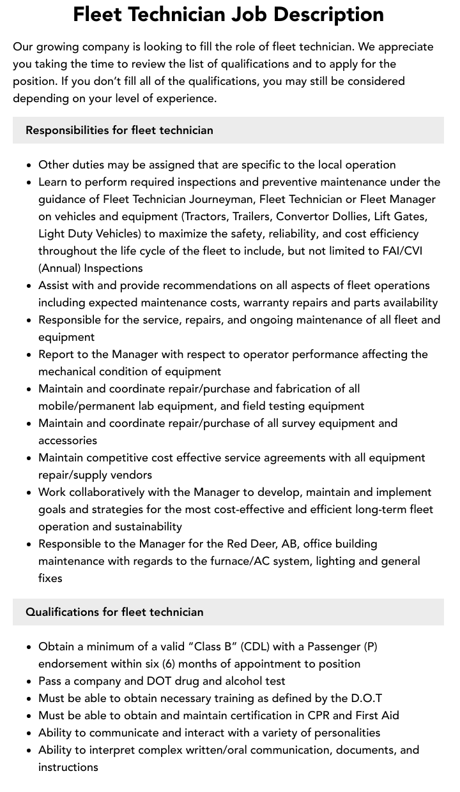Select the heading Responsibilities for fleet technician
click(x=119, y=130)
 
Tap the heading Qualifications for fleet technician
click(x=114, y=612)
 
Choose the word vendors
click(x=131, y=475)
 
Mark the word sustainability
click(x=142, y=527)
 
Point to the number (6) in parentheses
click(x=168, y=664)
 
